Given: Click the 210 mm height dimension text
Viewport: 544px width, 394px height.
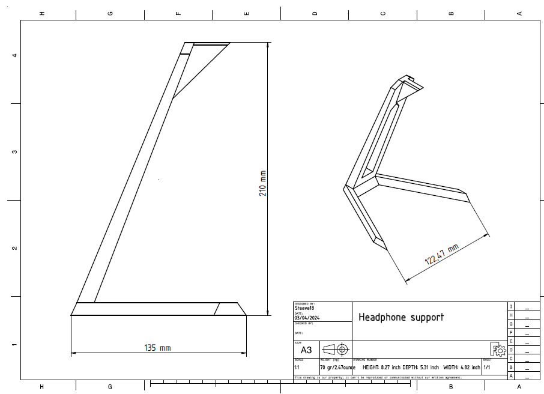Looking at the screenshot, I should click(263, 184).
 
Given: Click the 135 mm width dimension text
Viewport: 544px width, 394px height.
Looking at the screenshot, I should click(157, 348).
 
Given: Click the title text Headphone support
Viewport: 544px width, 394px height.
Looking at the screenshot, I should click(400, 317).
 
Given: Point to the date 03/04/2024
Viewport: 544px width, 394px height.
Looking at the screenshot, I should click(307, 318).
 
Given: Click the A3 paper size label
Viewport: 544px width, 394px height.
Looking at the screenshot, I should click(306, 350).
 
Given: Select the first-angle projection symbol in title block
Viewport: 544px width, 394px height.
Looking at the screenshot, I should click(335, 349).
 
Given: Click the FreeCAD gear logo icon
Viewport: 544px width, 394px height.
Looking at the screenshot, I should click(498, 350).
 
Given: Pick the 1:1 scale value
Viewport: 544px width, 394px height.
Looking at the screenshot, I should click(297, 367).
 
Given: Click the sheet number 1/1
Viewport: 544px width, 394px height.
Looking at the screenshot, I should click(487, 367).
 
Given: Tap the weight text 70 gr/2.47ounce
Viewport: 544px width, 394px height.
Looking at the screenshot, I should click(337, 367).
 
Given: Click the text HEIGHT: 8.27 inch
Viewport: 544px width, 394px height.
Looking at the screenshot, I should click(381, 367).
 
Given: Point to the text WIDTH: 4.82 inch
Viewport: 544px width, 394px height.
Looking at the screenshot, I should click(462, 367).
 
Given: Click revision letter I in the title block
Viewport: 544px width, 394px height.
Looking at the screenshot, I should click(511, 306).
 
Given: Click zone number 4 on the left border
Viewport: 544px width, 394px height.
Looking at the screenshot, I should click(14, 55).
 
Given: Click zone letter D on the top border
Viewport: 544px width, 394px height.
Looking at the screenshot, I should click(315, 13).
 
